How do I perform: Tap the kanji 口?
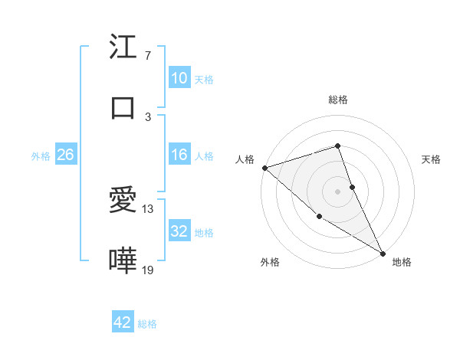point(123,108)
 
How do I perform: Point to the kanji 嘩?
point(123,261)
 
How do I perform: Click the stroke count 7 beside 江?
point(148,56)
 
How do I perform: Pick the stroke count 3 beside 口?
point(148,116)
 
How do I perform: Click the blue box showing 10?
point(179,78)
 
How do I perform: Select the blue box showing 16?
point(179,155)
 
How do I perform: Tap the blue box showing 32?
point(179,231)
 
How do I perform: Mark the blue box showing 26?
point(65,155)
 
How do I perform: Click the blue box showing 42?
point(123,322)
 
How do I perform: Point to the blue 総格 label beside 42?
point(147,324)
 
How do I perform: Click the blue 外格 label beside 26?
point(41,156)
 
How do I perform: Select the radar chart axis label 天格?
point(432,159)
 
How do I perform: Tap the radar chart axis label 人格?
point(245,159)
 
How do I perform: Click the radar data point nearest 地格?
point(383,253)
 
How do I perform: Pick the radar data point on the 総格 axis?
point(337,146)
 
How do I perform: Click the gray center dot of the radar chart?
point(337,191)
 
